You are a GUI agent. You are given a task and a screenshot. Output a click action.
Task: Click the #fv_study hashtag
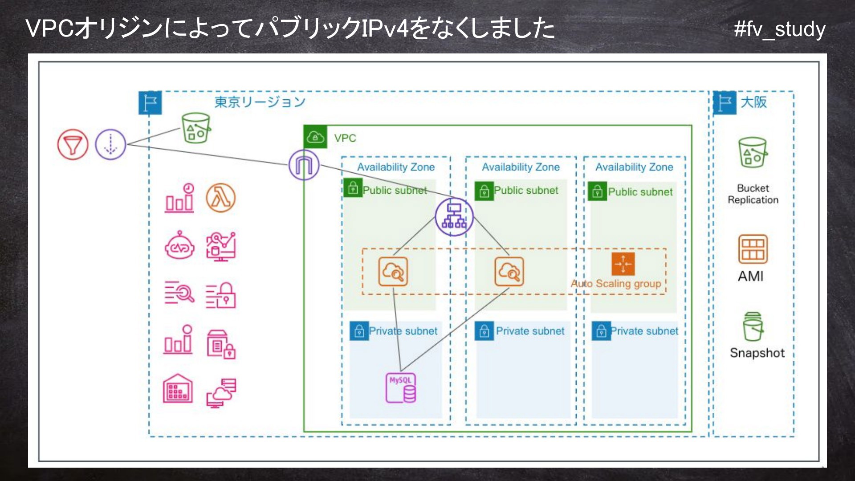780,29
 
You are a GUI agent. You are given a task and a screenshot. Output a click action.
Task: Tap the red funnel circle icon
73,145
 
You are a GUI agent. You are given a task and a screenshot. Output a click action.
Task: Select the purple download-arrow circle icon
111,145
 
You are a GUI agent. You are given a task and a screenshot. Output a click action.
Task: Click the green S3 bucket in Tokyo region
196,128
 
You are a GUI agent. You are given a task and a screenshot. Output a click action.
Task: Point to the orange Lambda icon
221,198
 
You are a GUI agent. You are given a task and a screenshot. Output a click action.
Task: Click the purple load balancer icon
454,217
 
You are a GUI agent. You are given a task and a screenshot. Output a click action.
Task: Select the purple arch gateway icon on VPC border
304,165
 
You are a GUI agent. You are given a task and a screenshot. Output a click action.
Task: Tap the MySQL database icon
401,388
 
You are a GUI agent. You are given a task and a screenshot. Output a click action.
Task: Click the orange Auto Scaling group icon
623,264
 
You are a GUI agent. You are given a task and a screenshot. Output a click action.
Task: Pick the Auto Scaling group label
616,284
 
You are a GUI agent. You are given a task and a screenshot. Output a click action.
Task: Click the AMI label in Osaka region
751,276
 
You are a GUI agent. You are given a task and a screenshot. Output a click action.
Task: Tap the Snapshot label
757,353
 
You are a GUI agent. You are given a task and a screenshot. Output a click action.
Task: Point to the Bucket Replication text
753,194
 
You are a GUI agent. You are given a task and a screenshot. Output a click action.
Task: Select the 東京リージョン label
260,102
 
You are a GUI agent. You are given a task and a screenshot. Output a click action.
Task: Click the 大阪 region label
754,102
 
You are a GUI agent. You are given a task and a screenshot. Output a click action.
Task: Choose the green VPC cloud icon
315,137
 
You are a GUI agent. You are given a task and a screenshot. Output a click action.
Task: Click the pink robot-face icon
180,245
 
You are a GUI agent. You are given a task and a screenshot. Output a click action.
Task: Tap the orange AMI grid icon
753,249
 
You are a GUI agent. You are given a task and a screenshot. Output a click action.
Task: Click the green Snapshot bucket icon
753,326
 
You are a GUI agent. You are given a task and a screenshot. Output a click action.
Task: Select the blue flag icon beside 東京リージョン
150,103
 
